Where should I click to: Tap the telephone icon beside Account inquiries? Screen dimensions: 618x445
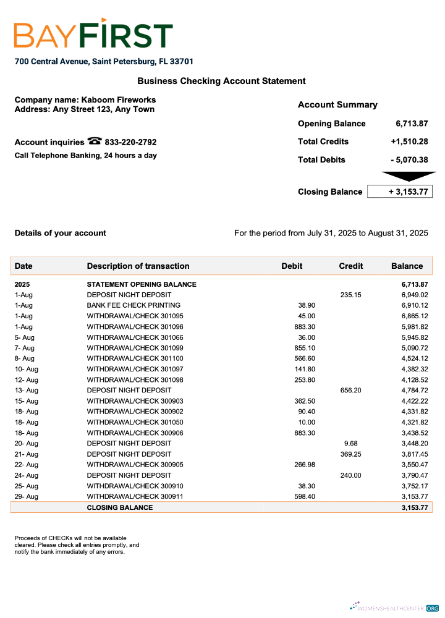95,141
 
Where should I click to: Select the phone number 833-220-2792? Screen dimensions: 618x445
130,142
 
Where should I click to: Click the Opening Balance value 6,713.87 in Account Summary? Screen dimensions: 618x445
412,124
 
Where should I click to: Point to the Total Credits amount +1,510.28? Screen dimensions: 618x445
409,142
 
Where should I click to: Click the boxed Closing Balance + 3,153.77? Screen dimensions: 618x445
400,192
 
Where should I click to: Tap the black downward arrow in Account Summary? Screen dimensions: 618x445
409,176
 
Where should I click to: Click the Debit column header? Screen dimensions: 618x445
292,266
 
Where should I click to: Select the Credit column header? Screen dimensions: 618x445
350,266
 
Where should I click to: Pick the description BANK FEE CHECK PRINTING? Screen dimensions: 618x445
133,305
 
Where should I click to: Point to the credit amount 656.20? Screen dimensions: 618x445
350,391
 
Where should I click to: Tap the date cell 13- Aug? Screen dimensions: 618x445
27,391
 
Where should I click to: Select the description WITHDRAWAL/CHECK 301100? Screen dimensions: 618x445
135,358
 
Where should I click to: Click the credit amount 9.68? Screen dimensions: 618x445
350,443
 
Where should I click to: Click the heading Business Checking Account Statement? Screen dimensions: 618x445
221,81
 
